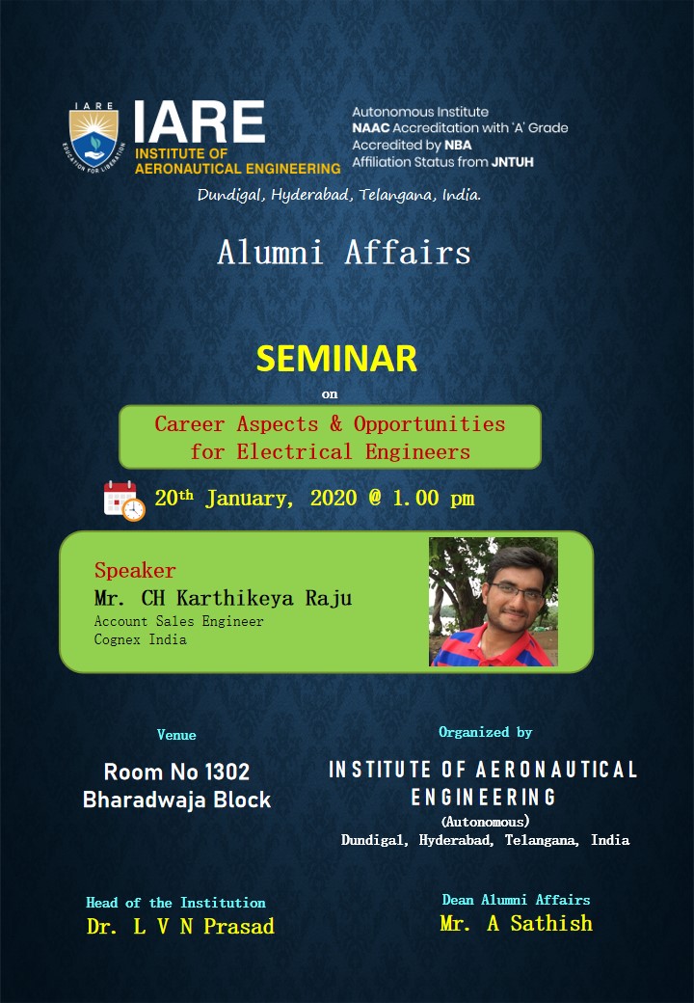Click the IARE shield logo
click(93, 138)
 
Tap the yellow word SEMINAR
click(336, 359)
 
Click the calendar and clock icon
click(124, 501)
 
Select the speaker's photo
click(494, 601)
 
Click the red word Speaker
click(135, 570)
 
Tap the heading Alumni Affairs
click(344, 252)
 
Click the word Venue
click(176, 735)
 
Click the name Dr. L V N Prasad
click(180, 926)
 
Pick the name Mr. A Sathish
click(517, 923)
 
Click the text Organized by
click(485, 732)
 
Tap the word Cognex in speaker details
click(117, 639)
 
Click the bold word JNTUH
click(513, 162)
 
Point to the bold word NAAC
click(371, 128)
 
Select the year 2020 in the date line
click(334, 498)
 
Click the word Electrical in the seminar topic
click(294, 452)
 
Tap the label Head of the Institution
click(175, 903)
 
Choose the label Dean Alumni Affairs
click(517, 900)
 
